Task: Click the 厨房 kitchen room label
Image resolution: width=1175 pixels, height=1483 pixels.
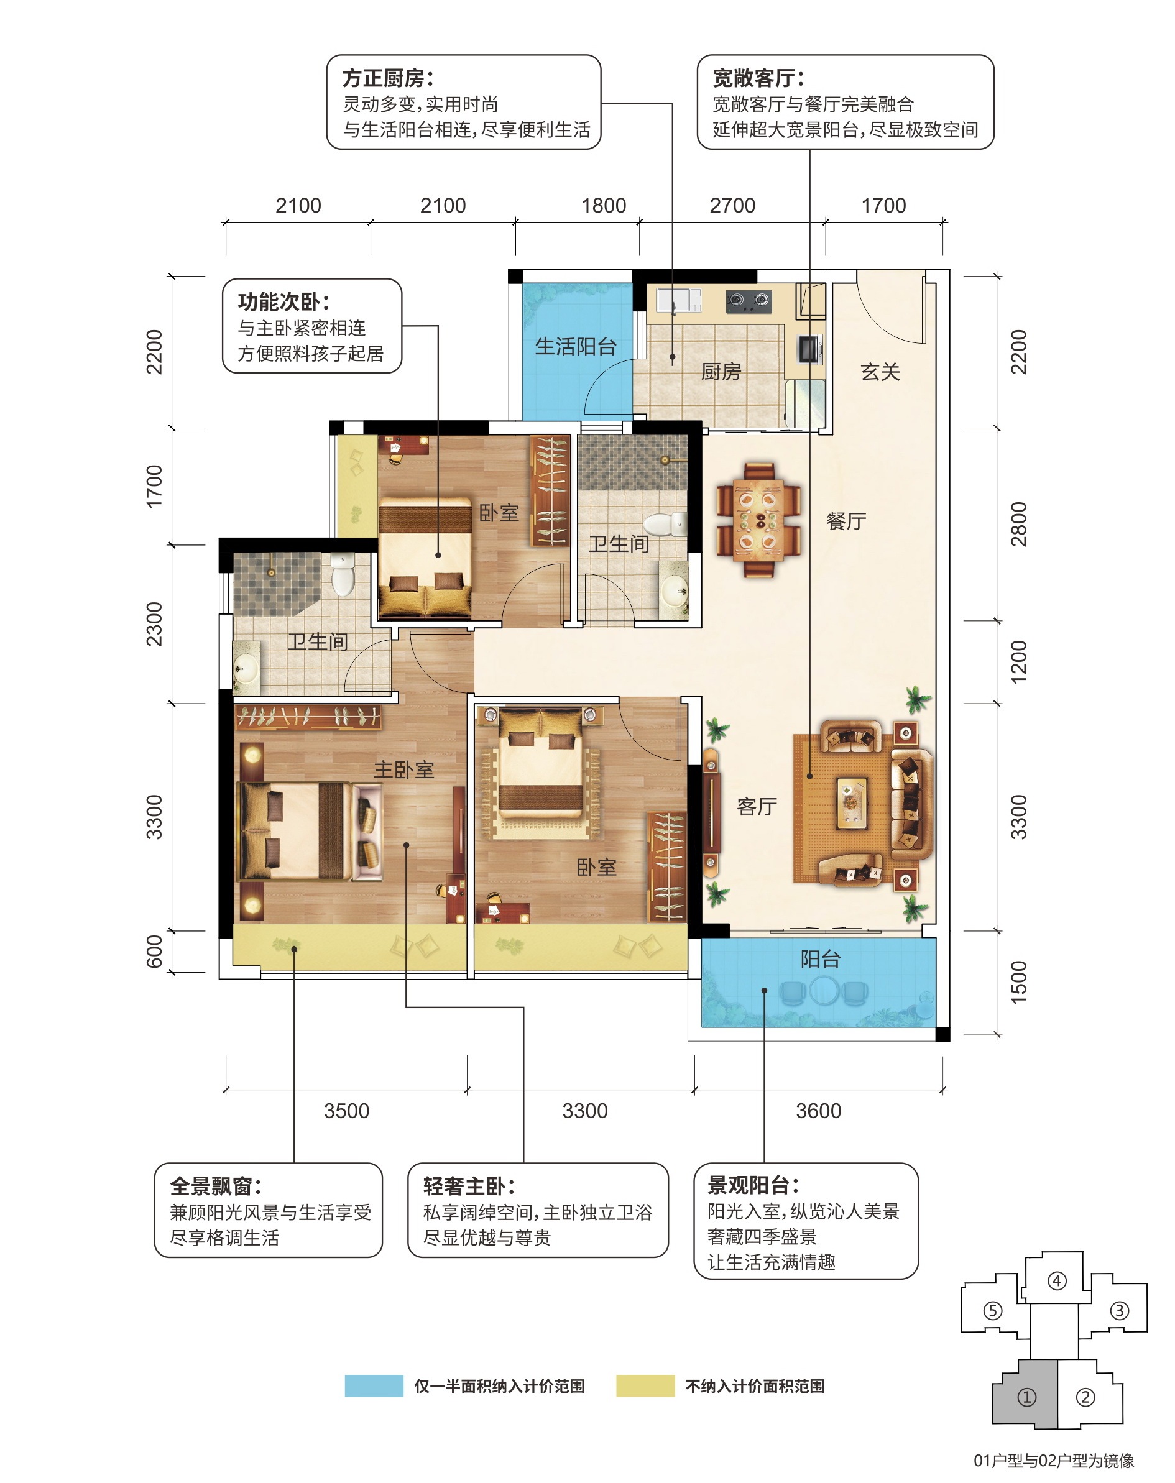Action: (721, 372)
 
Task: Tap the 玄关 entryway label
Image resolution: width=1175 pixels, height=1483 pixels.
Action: (880, 372)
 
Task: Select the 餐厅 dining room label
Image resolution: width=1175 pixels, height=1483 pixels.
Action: (846, 521)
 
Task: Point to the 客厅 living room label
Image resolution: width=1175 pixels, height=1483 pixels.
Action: (757, 806)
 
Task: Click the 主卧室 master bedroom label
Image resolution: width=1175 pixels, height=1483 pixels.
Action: (404, 769)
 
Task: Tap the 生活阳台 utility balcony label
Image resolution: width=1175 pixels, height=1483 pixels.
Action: (576, 346)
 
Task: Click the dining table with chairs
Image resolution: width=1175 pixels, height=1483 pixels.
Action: (759, 521)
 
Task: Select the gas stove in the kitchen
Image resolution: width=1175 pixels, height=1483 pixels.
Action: (749, 300)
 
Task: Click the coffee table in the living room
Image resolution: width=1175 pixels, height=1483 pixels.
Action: (852, 800)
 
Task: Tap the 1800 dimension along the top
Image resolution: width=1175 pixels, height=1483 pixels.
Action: (604, 206)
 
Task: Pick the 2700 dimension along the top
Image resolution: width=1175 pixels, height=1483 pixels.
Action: (732, 206)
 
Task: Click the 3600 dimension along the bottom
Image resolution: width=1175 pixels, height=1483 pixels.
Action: (819, 1111)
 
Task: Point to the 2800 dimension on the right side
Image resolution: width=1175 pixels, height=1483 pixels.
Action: (1018, 524)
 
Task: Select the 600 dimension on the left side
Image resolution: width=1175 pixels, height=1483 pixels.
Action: (154, 952)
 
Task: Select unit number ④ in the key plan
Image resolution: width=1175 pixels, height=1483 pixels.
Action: (1057, 1281)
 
